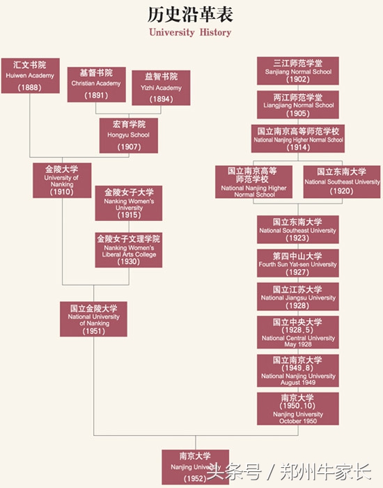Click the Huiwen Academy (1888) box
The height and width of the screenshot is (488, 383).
[x=30, y=76]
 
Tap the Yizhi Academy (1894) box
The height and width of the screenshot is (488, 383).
[x=161, y=87]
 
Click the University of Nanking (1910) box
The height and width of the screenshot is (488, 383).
[x=61, y=180]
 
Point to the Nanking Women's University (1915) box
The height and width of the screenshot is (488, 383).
[x=129, y=203]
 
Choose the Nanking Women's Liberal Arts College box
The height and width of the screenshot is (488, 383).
[x=129, y=250]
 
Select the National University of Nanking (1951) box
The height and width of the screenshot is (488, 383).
[x=93, y=319]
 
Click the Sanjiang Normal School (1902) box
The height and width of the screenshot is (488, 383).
[x=297, y=71]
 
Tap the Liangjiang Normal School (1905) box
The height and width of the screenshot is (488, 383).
[x=297, y=105]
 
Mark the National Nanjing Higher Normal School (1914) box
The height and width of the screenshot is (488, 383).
[x=297, y=138]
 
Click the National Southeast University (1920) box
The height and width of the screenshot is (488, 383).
[x=342, y=181]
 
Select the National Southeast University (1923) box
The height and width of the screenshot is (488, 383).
[x=297, y=229]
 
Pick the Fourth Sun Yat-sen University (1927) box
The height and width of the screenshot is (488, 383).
[x=297, y=264]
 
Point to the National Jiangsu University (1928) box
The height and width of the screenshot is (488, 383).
[x=297, y=296]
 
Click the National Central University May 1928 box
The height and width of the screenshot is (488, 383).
[x=297, y=333]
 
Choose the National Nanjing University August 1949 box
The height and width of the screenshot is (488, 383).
[x=297, y=370]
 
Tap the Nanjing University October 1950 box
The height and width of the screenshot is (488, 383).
[x=297, y=408]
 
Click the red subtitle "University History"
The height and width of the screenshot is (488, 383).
[x=190, y=32]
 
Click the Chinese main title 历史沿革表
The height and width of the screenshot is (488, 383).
[x=190, y=14]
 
